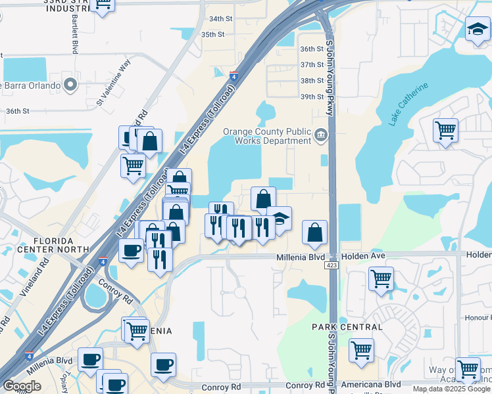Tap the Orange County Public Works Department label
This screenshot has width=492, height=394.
[x=266, y=136]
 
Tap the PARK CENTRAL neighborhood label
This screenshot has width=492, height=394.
[x=347, y=326]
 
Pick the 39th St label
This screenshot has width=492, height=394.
[x=312, y=97]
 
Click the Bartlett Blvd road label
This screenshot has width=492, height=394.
[x=72, y=33]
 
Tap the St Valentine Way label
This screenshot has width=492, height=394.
[x=114, y=82]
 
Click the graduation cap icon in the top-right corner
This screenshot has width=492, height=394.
[x=478, y=29]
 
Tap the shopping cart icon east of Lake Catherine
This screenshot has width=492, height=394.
[x=446, y=130]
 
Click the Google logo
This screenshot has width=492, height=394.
[x=22, y=386]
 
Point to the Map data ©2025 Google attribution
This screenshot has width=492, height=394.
[x=451, y=389]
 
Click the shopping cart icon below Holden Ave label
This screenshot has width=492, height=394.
[x=381, y=278]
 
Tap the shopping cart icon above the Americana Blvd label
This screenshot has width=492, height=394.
[x=361, y=350]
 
